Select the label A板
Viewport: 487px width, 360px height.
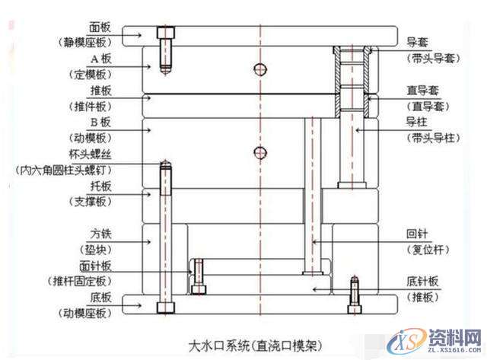coord(100,58)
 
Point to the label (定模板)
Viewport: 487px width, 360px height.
coord(91,74)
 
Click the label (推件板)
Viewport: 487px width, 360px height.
coord(91,106)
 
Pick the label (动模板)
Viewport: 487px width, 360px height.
coord(91,138)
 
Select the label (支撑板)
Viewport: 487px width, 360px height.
coord(91,202)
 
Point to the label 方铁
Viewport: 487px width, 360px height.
coord(100,233)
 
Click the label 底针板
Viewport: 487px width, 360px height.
coord(423,280)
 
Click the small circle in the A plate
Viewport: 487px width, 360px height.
coord(261,70)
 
